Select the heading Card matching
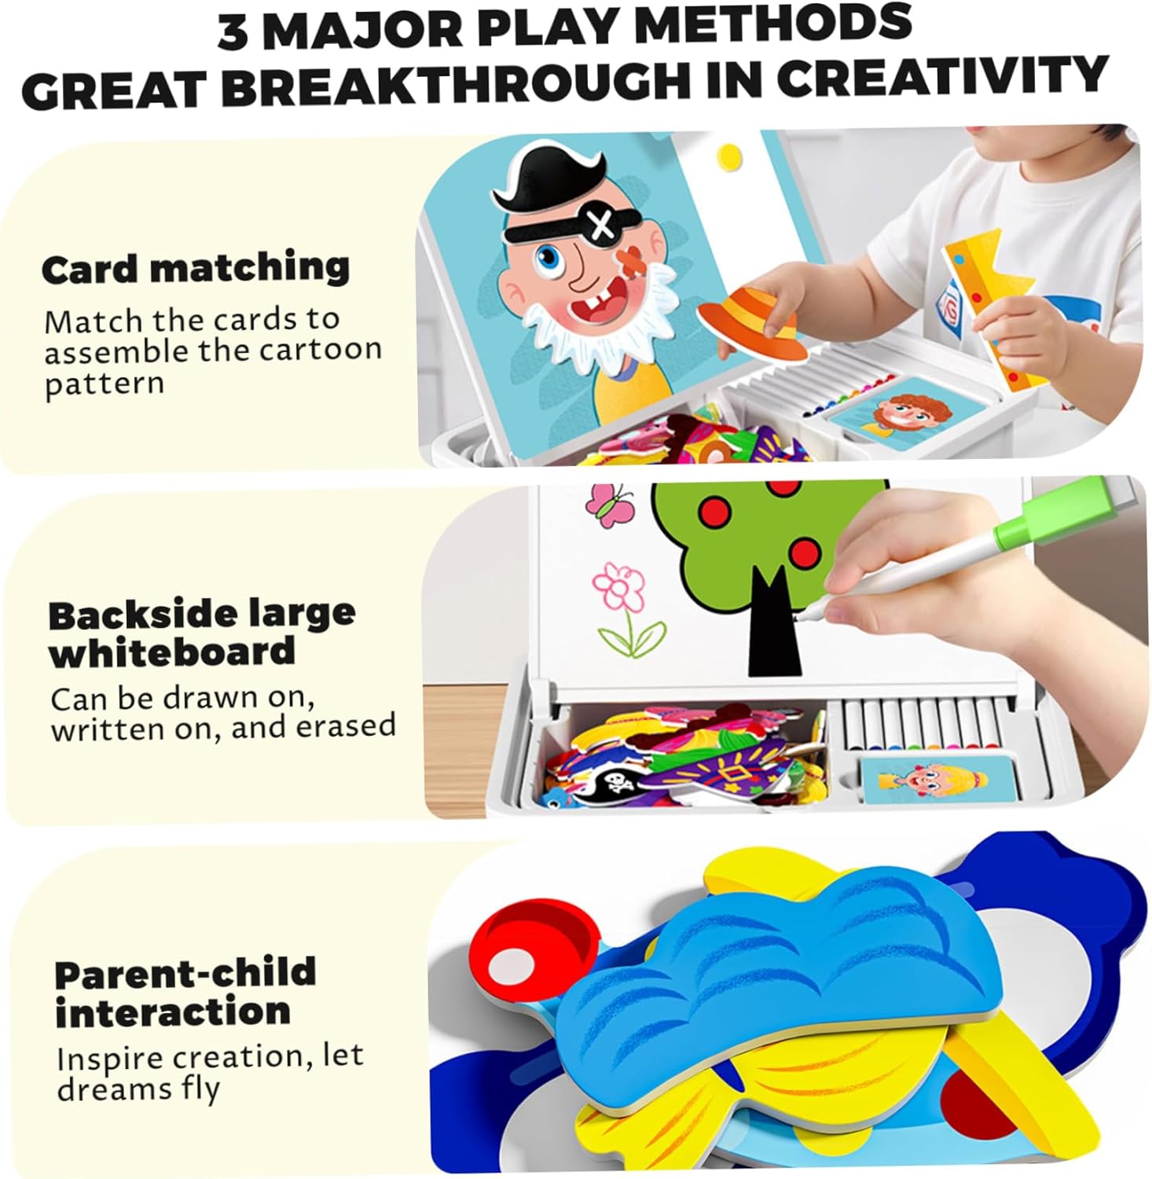point(196,269)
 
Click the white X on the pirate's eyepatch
point(602,226)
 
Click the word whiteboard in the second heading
point(172,652)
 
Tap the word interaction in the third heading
point(173,1011)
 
